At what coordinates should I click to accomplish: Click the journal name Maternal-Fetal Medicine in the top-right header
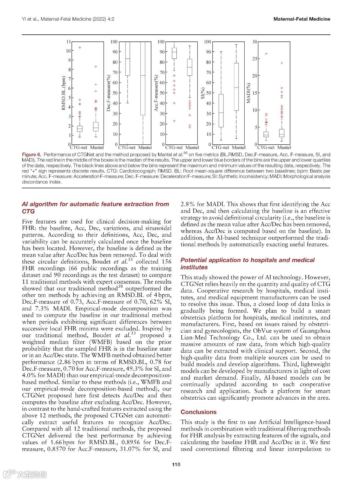tap(301, 19)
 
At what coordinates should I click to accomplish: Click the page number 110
tap(176, 464)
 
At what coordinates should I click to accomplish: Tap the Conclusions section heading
tap(198, 412)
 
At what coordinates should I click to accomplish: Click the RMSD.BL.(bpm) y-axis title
tap(63, 93)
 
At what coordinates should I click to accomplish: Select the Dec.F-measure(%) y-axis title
tap(108, 93)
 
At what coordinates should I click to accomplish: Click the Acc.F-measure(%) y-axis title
tap(156, 93)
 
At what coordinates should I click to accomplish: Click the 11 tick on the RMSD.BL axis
tap(68, 42)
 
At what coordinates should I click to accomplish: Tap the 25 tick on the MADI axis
tap(255, 59)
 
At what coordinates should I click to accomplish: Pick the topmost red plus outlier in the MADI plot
tap(266, 54)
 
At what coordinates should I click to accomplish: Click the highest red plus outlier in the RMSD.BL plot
tap(80, 47)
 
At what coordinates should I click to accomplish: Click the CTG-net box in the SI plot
tap(221, 111)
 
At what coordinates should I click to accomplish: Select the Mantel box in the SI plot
tap(236, 87)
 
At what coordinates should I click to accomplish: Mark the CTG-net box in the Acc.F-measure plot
tap(174, 53)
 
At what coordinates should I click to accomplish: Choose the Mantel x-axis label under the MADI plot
tap(284, 147)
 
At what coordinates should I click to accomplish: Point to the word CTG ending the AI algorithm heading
tap(28, 211)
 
